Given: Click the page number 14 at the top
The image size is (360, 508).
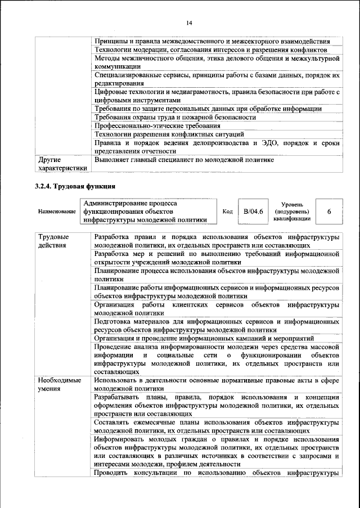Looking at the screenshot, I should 189,23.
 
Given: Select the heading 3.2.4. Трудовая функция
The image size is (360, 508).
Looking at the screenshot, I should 75,185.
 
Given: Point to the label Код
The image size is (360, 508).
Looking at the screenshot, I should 228,212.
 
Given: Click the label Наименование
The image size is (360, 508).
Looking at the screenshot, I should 57,212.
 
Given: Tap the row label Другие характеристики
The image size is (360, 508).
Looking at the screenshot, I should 62,164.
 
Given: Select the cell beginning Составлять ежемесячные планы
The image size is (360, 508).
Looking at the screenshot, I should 217,426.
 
